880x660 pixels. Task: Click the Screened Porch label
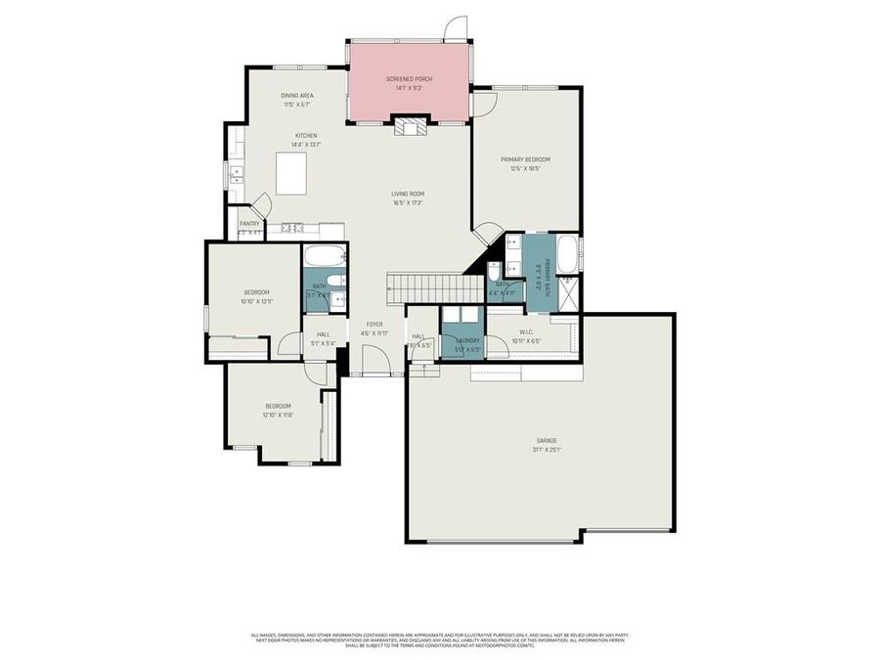coord(409,79)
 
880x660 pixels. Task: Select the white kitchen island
coord(291,173)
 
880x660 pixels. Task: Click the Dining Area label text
coord(297,96)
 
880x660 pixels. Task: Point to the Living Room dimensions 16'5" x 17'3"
coord(408,202)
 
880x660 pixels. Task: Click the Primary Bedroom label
coord(525,159)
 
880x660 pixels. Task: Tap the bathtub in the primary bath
coord(568,257)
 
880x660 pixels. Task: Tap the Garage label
coord(546,440)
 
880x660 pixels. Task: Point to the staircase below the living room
coord(436,288)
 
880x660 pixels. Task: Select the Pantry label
coord(250,224)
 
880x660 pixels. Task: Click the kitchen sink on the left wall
coord(236,176)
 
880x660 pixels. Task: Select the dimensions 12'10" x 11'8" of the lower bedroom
coord(278,415)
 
